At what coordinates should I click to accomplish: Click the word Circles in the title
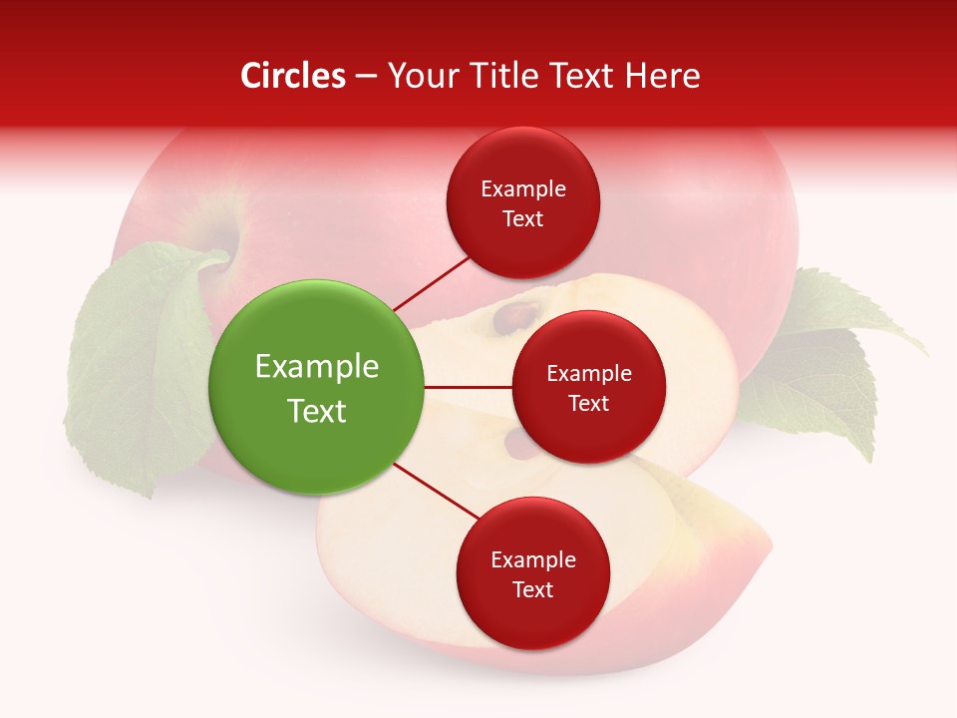[293, 76]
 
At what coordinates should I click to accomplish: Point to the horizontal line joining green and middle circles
[468, 387]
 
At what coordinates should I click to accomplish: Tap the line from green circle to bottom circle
[437, 491]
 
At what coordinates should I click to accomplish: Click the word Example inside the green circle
[317, 367]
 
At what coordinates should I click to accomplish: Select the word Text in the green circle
[317, 411]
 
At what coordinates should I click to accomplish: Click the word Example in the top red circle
[523, 189]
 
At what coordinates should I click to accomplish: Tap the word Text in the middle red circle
[588, 403]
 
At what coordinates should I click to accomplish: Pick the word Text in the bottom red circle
[532, 589]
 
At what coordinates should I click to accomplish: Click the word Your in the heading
[420, 76]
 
